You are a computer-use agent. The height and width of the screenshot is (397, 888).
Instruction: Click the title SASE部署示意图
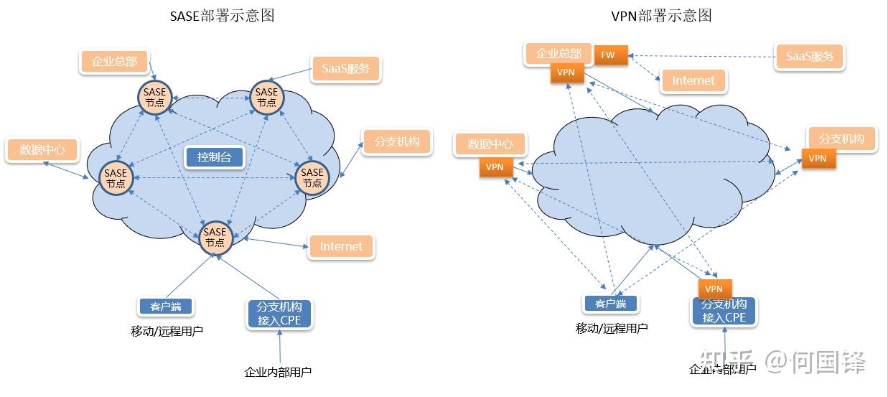click(222, 16)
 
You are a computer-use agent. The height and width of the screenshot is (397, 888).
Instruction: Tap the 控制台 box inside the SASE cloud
click(215, 157)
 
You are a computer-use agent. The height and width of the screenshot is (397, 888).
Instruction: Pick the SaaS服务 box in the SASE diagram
click(345, 69)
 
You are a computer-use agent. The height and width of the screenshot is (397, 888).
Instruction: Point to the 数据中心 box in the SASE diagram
click(42, 150)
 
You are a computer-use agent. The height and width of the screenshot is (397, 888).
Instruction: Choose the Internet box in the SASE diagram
click(341, 246)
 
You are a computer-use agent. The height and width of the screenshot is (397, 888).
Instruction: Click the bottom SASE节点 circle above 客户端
click(215, 237)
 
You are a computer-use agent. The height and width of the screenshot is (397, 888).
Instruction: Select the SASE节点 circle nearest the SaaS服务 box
click(266, 97)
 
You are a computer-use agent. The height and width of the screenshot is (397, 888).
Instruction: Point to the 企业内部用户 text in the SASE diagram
click(278, 372)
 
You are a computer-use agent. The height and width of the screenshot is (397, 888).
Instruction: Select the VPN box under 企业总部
click(566, 73)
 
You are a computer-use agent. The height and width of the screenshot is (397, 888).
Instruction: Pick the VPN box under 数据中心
click(495, 167)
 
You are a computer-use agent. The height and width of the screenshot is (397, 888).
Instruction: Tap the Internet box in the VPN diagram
click(693, 81)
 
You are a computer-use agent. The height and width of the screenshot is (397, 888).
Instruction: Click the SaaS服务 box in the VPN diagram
click(810, 57)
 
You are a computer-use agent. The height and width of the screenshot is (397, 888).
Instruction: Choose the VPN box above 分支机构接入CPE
click(714, 289)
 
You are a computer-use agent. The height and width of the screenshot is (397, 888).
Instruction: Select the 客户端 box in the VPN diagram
click(610, 304)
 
